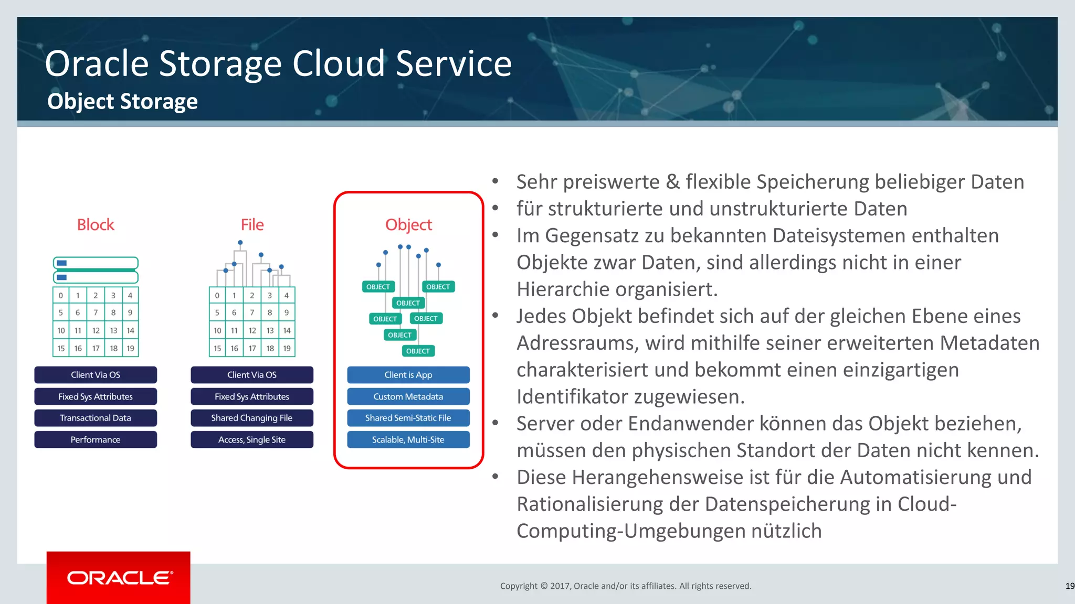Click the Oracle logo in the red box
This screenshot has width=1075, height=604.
click(120, 578)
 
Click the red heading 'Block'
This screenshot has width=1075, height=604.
click(96, 224)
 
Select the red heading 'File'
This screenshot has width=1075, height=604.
click(252, 224)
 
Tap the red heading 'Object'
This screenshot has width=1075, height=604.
click(408, 224)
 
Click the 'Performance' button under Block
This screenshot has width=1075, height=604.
click(96, 439)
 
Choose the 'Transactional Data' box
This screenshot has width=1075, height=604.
click(96, 418)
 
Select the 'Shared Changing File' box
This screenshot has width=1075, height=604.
click(252, 418)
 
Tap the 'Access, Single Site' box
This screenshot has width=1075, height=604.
click(252, 439)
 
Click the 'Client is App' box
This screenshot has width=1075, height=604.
click(408, 375)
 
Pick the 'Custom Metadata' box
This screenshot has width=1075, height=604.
click(408, 396)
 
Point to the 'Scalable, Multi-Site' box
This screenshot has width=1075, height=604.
click(408, 439)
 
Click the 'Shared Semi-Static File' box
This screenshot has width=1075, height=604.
click(408, 418)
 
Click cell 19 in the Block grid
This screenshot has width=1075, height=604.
click(130, 348)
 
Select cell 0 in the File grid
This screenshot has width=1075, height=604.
click(217, 295)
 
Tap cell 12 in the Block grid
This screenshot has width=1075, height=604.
click(96, 330)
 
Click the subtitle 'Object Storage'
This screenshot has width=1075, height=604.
click(122, 101)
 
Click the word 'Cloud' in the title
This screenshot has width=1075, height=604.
click(339, 63)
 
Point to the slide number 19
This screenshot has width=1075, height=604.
click(1069, 586)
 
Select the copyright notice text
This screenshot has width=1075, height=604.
click(626, 586)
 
